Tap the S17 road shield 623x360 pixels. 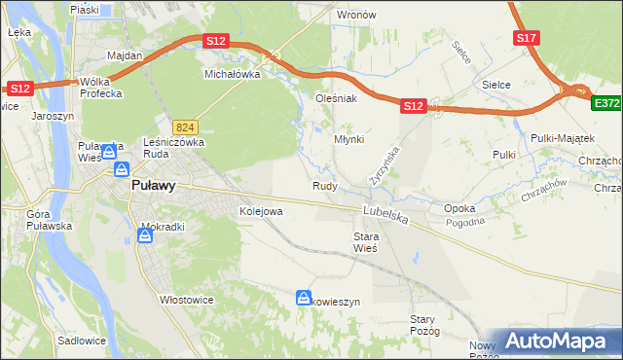(x=527, y=38)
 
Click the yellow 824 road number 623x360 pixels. (x=186, y=127)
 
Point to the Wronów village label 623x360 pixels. (x=355, y=16)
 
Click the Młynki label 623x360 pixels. (x=348, y=139)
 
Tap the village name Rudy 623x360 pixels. (x=324, y=186)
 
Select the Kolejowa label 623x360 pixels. (x=261, y=210)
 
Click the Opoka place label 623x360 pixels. (x=459, y=209)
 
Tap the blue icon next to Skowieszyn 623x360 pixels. (x=304, y=299)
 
